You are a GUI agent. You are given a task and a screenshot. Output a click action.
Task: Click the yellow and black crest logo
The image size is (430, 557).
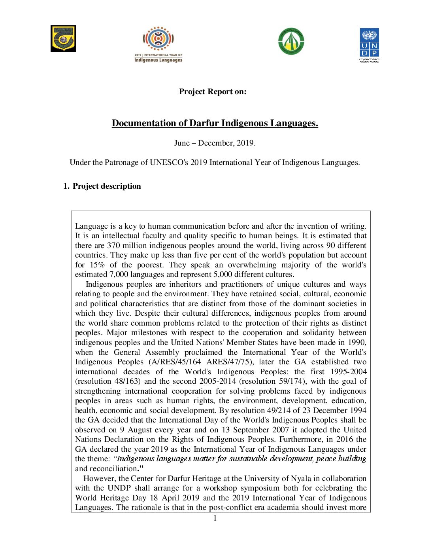coord(63,39)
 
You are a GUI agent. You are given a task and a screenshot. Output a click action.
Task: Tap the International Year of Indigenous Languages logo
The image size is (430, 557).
coord(158,45)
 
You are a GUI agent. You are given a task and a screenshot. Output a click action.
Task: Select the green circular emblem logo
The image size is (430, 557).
coord(291,41)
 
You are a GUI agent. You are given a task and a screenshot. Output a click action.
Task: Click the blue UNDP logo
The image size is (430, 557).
coord(369,45)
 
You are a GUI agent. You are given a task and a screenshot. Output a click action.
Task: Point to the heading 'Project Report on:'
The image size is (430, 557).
coord(213,92)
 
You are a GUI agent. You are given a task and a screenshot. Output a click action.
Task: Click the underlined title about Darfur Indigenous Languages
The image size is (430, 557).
coord(215,123)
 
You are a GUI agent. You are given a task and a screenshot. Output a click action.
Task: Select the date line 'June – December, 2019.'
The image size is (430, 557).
coord(215,143)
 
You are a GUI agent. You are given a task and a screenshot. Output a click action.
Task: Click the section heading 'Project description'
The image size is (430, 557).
coord(107,186)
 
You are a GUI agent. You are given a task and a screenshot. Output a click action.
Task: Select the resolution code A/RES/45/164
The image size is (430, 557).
coord(175,362)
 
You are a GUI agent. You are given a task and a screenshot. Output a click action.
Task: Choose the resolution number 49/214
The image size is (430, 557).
coord(279,411)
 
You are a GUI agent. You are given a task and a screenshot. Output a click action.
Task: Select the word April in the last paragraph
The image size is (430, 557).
coord(172,498)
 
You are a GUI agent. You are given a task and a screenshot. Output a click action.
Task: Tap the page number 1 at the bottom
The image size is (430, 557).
coord(215,518)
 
